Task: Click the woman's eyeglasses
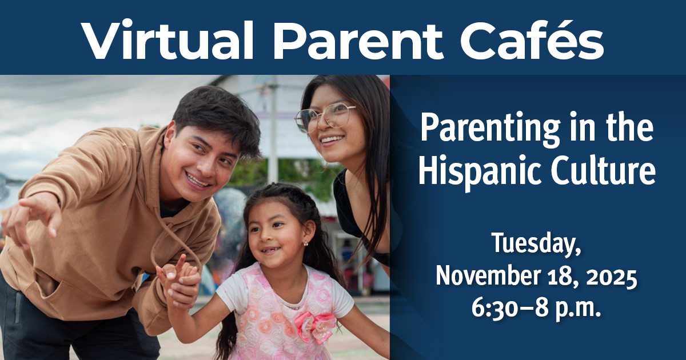pos(324,117)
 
